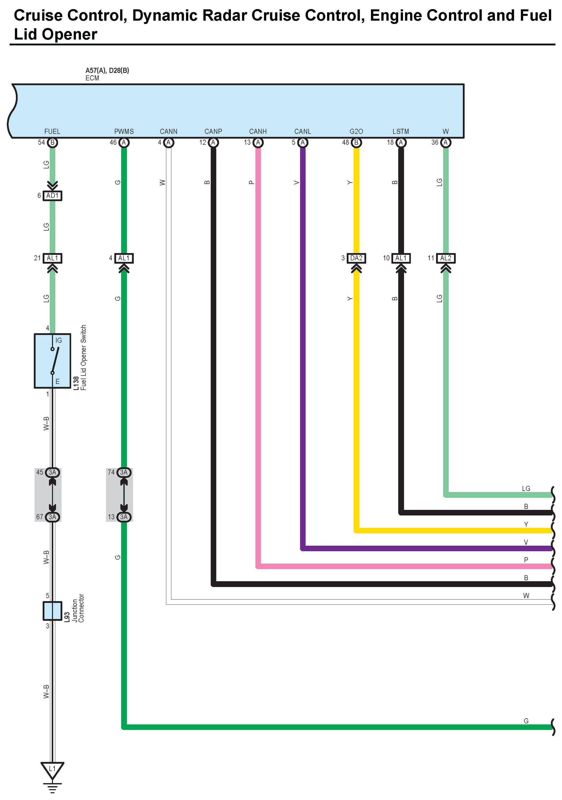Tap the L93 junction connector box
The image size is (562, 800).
[x=52, y=610]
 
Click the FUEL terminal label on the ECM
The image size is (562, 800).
[x=52, y=131]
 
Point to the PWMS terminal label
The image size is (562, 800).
[x=124, y=131]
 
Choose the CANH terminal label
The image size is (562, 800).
[x=258, y=131]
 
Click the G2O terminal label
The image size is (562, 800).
[x=356, y=131]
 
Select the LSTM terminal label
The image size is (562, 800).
[x=401, y=131]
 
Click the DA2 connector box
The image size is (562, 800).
[x=356, y=258]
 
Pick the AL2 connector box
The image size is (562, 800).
[x=445, y=258]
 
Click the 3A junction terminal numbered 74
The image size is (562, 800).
[x=124, y=472]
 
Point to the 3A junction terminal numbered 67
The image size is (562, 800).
[x=52, y=517]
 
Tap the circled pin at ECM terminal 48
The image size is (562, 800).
[x=356, y=143]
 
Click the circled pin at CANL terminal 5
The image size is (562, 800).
[x=303, y=143]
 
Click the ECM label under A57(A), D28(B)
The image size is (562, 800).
[x=92, y=78]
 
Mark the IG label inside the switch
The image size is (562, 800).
[x=58, y=340]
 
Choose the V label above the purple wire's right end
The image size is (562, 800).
[x=526, y=542]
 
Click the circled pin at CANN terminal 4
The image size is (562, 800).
[x=169, y=143]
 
